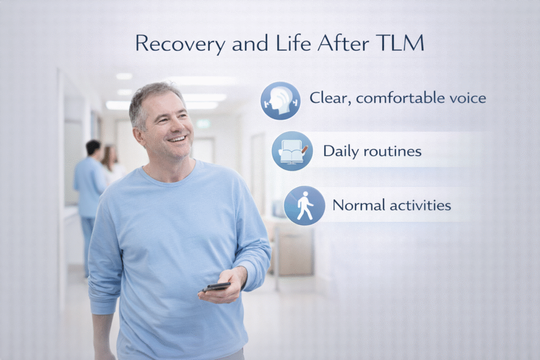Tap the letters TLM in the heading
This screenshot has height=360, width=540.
tap(403, 43)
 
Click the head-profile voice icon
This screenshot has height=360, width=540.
tap(281, 100)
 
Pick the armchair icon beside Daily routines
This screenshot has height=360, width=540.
tap(292, 151)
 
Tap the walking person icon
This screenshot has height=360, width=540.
tap(304, 205)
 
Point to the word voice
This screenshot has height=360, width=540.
tap(467, 98)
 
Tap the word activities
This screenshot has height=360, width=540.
tap(420, 205)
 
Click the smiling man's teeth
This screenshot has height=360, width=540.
tap(177, 139)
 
